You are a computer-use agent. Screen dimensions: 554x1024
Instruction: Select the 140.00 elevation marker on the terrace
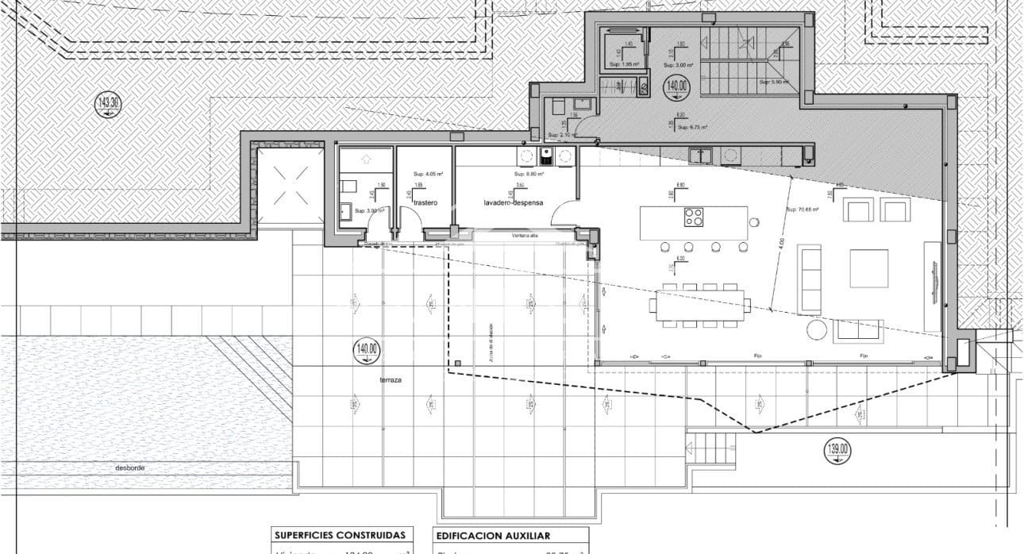368,350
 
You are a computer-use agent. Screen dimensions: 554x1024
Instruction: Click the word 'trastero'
425,203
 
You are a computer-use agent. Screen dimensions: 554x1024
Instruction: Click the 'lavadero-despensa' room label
514,203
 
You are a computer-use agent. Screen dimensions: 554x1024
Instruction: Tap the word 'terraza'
390,381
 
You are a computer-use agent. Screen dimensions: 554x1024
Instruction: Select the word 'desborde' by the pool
129,468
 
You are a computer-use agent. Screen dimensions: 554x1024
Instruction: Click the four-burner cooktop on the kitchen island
694,217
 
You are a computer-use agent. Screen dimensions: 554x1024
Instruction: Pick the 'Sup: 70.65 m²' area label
802,210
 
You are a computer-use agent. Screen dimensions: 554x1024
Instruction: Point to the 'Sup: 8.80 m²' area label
529,174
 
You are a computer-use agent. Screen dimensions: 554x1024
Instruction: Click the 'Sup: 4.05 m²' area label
428,174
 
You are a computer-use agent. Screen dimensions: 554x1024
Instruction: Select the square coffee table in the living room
868,268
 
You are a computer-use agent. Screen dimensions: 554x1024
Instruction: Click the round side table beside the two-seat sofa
816,329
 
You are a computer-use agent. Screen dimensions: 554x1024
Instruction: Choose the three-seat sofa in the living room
810,279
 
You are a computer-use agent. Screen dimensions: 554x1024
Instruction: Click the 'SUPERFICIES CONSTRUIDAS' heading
340,536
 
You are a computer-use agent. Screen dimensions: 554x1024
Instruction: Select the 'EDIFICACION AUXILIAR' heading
492,536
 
